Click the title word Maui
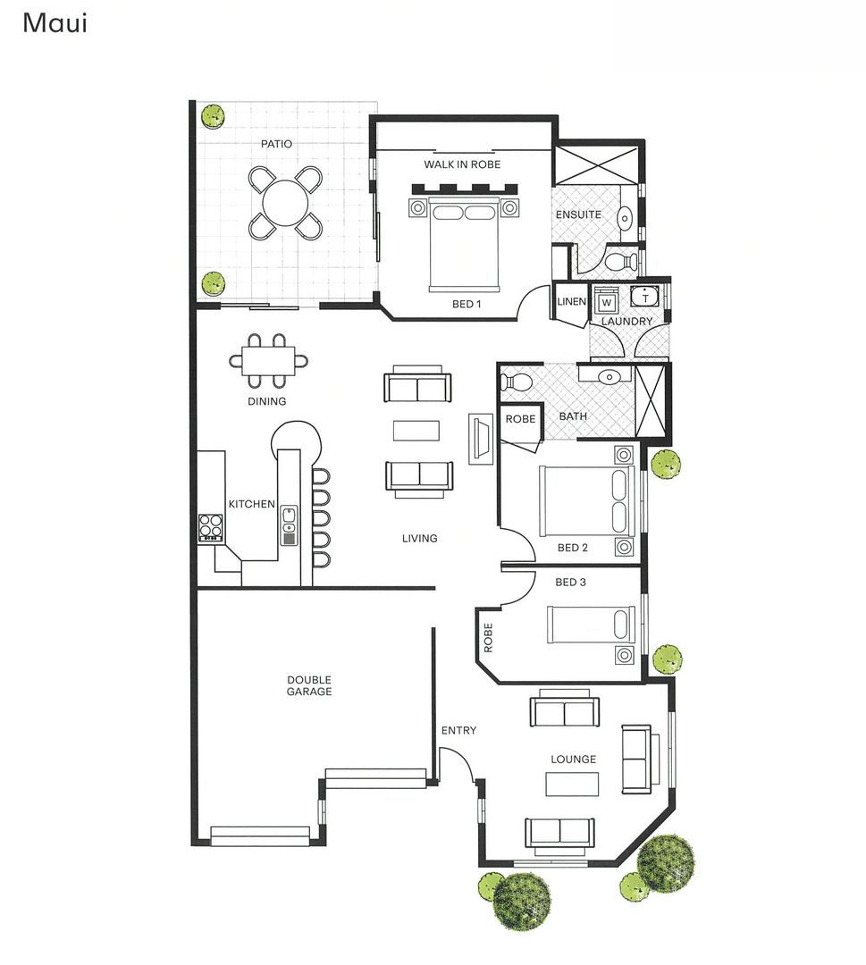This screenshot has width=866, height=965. click(x=54, y=23)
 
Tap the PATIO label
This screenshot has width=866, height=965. click(x=276, y=143)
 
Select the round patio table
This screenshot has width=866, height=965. click(x=285, y=203)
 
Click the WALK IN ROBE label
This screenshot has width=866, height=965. click(x=462, y=164)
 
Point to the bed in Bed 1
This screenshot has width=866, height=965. click(x=462, y=245)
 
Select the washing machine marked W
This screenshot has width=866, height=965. click(x=607, y=302)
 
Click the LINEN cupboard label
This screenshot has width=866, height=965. click(x=571, y=302)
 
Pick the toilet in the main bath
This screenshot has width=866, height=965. click(x=516, y=382)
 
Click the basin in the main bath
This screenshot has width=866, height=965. click(x=609, y=377)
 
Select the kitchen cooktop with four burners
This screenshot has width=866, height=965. click(x=210, y=527)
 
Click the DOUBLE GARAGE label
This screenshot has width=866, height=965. click(x=309, y=685)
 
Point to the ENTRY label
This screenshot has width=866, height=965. click(x=458, y=731)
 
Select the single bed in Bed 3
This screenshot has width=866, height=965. click(x=591, y=624)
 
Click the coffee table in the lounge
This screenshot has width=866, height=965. click(x=572, y=784)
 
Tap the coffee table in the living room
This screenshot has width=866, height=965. click(x=416, y=430)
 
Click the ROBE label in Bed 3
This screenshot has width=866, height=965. click(x=488, y=638)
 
